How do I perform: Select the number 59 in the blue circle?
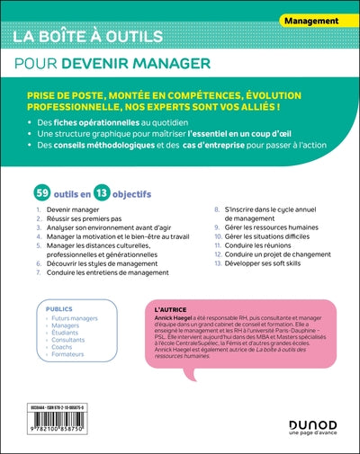click(x=40, y=193)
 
